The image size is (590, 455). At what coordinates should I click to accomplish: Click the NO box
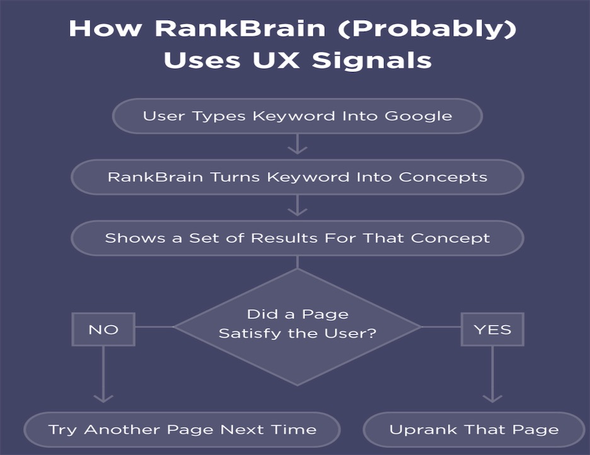click(x=103, y=329)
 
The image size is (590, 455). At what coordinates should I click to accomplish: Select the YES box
click(x=492, y=329)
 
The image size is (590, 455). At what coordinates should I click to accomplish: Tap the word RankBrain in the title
click(x=240, y=28)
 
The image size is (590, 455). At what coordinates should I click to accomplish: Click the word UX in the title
click(x=276, y=60)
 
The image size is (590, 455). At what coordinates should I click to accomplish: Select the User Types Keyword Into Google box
click(x=298, y=116)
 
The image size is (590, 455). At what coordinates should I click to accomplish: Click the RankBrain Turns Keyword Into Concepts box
click(x=298, y=177)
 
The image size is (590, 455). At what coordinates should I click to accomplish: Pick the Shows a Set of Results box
click(x=298, y=238)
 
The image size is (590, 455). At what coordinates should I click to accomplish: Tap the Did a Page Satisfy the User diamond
click(x=298, y=327)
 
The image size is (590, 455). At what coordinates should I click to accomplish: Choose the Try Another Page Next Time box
click(x=182, y=430)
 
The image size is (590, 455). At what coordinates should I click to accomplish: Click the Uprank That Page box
click(x=474, y=430)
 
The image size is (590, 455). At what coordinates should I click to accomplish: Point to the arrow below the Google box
click(x=298, y=144)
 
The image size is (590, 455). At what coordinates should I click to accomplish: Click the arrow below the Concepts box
click(x=298, y=205)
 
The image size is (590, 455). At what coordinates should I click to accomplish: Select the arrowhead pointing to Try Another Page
click(x=103, y=398)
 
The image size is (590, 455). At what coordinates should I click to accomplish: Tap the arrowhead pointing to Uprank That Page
click(x=492, y=398)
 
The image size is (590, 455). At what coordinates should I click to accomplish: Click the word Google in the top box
click(x=419, y=116)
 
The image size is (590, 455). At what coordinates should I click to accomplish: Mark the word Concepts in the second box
click(x=443, y=177)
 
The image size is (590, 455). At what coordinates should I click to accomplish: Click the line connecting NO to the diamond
click(x=154, y=327)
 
